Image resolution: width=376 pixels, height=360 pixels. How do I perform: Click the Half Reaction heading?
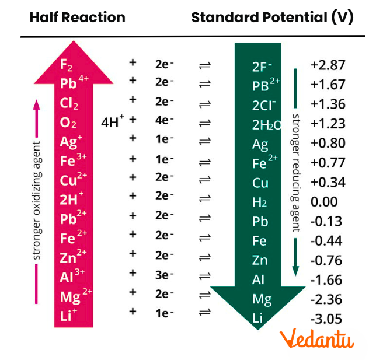[77, 18]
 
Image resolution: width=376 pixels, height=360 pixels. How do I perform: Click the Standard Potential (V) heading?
[272, 18]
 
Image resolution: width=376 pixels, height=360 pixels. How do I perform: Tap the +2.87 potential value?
[328, 65]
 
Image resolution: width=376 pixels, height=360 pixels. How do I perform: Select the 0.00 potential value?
[324, 202]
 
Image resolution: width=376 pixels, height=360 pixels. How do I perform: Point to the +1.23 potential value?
[328, 124]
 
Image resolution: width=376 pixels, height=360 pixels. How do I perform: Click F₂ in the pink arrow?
[67, 65]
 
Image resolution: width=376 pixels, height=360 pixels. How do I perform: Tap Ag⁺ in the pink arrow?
[71, 142]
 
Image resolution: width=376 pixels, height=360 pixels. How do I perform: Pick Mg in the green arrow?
[262, 299]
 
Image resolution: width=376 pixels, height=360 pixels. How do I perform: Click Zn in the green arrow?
[260, 260]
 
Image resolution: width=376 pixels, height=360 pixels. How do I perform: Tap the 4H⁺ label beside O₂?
[113, 123]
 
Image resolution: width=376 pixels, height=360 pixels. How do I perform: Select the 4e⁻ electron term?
[165, 123]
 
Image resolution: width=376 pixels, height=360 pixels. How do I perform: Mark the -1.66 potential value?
[326, 280]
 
